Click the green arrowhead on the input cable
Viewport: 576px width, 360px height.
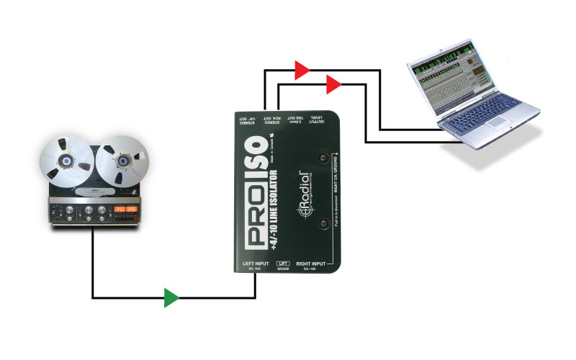click(171, 297)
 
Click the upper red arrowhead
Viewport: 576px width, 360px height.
click(302, 70)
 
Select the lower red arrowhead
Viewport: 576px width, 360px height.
click(333, 86)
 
